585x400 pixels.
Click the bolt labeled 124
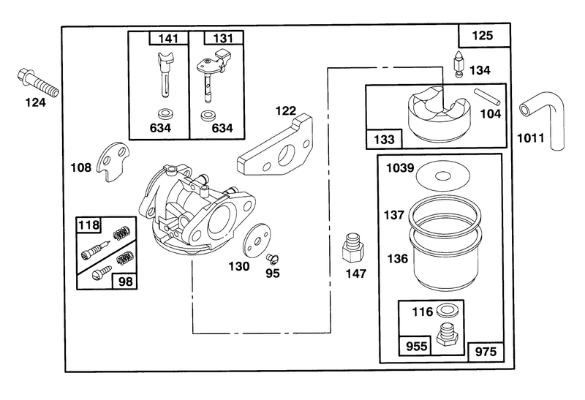pos(38,83)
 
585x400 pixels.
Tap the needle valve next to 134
pos(458,64)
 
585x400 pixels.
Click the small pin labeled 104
pos(487,97)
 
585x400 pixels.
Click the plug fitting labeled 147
pos(353,249)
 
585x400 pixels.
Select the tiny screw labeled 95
pos(273,258)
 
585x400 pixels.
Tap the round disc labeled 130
pos(257,241)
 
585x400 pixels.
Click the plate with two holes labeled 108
pos(113,162)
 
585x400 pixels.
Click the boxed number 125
pos(483,35)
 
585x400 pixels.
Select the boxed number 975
pos(486,352)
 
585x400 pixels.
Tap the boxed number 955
pos(416,347)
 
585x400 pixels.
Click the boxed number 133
pos(384,140)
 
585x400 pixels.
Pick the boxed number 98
pos(125,282)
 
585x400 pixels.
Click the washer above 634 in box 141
pos(164,113)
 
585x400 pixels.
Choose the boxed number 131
pos(224,39)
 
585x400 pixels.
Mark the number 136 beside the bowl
pos(397,258)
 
